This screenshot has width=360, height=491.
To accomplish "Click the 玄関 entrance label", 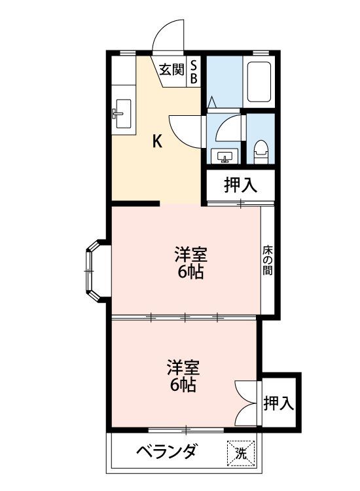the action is coord(171,69).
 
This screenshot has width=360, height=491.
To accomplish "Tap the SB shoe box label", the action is coord(194,72).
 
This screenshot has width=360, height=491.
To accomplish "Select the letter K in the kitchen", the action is coord(157,141).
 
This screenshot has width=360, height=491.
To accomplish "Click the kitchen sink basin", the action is coord(123,114).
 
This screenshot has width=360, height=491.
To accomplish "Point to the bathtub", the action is coord(259,82).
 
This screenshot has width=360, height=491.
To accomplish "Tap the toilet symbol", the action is coord(261,152).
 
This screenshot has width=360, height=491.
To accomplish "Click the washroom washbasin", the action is coord(224,156).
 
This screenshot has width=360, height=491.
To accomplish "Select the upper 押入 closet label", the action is coord(240,185).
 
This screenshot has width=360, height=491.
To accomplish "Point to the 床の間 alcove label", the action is coord(268,261).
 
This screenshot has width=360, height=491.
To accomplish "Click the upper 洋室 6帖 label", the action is coord(190,263).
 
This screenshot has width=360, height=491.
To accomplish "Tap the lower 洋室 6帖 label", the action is coord(183,376).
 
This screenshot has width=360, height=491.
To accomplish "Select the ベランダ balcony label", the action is coord(167,452).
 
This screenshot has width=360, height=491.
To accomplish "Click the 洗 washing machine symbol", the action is coord(241,453).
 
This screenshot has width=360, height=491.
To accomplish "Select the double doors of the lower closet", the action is coord(247,403).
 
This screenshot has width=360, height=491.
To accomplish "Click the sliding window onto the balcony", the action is coord(186,429).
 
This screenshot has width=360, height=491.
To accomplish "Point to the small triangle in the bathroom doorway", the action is coord(212,101).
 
